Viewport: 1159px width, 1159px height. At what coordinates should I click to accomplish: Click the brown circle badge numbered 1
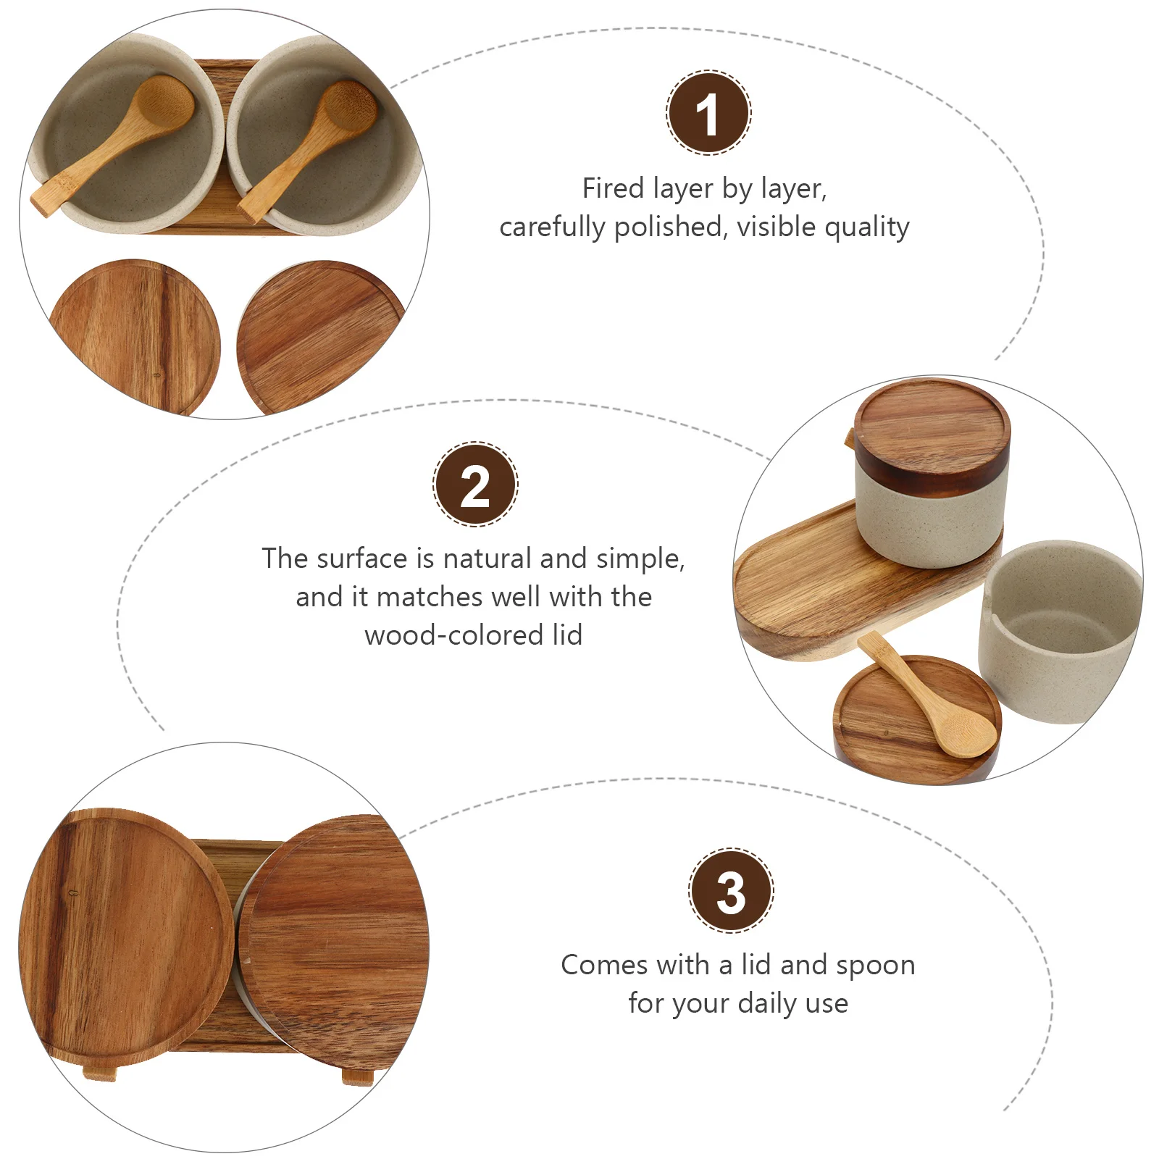click(708, 113)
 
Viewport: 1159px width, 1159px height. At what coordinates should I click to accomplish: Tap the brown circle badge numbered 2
click(474, 484)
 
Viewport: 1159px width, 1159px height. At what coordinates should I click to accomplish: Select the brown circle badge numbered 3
click(730, 890)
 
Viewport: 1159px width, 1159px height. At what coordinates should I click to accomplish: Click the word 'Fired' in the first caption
click(613, 188)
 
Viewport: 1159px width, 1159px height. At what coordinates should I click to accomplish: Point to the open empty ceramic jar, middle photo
click(1058, 630)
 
